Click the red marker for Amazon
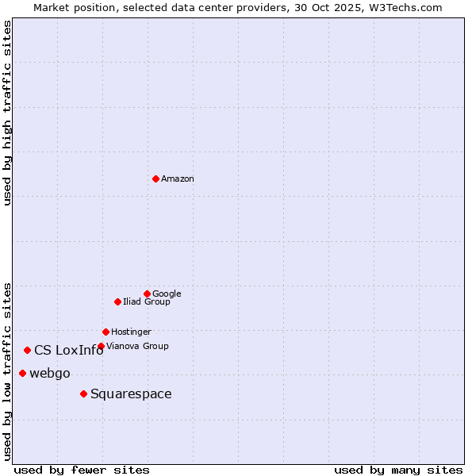[x=155, y=178]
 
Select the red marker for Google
[x=147, y=294]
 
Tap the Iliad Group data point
[x=117, y=301]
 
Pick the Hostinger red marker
[x=106, y=332]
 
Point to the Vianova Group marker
[x=101, y=346]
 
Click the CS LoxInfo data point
[x=27, y=350]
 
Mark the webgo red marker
[x=22, y=373]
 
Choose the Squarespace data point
[x=83, y=393]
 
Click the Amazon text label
[x=178, y=179]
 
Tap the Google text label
[x=167, y=294]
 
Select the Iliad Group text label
[x=147, y=301]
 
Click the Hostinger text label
[x=131, y=332]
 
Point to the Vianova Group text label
[x=137, y=346]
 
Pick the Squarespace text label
[x=131, y=394]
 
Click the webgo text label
[x=50, y=374]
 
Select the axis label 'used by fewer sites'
[x=82, y=470]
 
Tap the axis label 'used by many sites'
[x=398, y=470]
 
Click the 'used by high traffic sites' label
[x=7, y=113]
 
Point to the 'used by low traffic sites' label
[x=7, y=370]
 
